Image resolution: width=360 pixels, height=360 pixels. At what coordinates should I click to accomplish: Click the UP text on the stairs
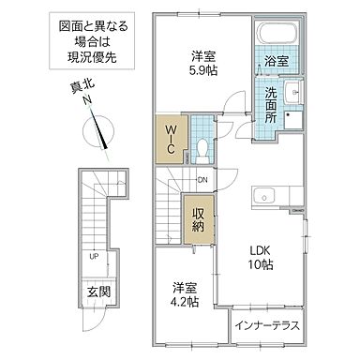point(95,255)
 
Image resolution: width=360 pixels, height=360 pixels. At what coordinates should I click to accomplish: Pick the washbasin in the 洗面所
point(292,93)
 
